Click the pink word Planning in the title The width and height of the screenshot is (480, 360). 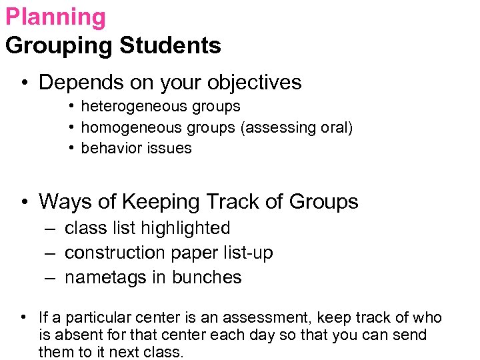point(55,18)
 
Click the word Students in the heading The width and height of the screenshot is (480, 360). point(170,46)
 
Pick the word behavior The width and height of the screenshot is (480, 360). point(109,148)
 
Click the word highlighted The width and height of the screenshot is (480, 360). point(190,228)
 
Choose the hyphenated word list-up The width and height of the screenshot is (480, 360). point(247,253)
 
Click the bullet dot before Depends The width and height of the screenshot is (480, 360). point(24,83)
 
